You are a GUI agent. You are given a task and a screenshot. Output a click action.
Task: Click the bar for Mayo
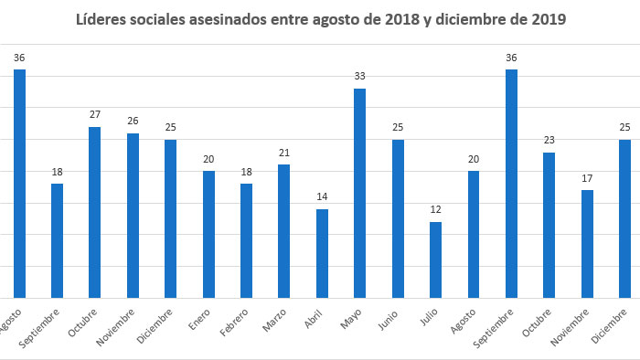(359, 193)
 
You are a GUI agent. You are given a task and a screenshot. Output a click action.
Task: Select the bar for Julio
(435, 259)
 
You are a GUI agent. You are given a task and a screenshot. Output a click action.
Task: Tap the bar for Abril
(322, 253)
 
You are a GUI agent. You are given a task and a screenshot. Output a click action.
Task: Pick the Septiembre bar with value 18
(57, 240)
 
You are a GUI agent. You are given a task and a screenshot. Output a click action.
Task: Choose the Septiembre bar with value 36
(511, 184)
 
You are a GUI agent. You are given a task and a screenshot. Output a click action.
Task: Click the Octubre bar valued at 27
(94, 212)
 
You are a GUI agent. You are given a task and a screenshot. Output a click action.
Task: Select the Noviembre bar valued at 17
(587, 243)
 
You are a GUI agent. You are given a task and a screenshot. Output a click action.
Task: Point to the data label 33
(359, 77)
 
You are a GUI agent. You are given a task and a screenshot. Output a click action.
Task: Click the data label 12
(435, 210)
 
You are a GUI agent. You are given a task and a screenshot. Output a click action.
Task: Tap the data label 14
(322, 197)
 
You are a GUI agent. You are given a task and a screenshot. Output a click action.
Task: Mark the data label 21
(283, 153)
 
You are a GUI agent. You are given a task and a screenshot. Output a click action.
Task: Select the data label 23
(549, 141)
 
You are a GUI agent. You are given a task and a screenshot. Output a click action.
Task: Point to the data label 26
(133, 122)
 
